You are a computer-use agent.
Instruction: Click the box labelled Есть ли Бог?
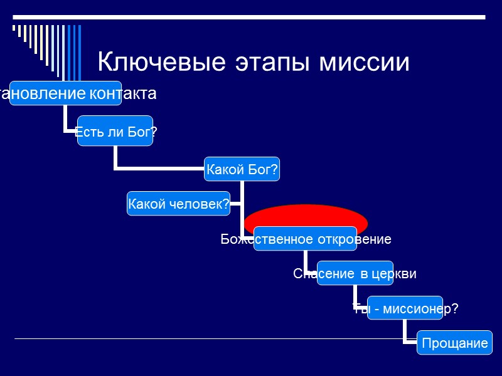[115, 131]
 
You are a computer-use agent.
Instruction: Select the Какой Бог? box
[242, 170]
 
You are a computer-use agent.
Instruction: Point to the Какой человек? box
[178, 204]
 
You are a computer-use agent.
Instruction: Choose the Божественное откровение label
[306, 239]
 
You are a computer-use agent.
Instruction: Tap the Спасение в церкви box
[355, 274]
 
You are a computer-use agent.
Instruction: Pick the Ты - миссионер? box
[405, 308]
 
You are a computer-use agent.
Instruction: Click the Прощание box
[455, 343]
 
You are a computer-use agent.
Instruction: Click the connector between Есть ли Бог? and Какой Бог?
[157, 168]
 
